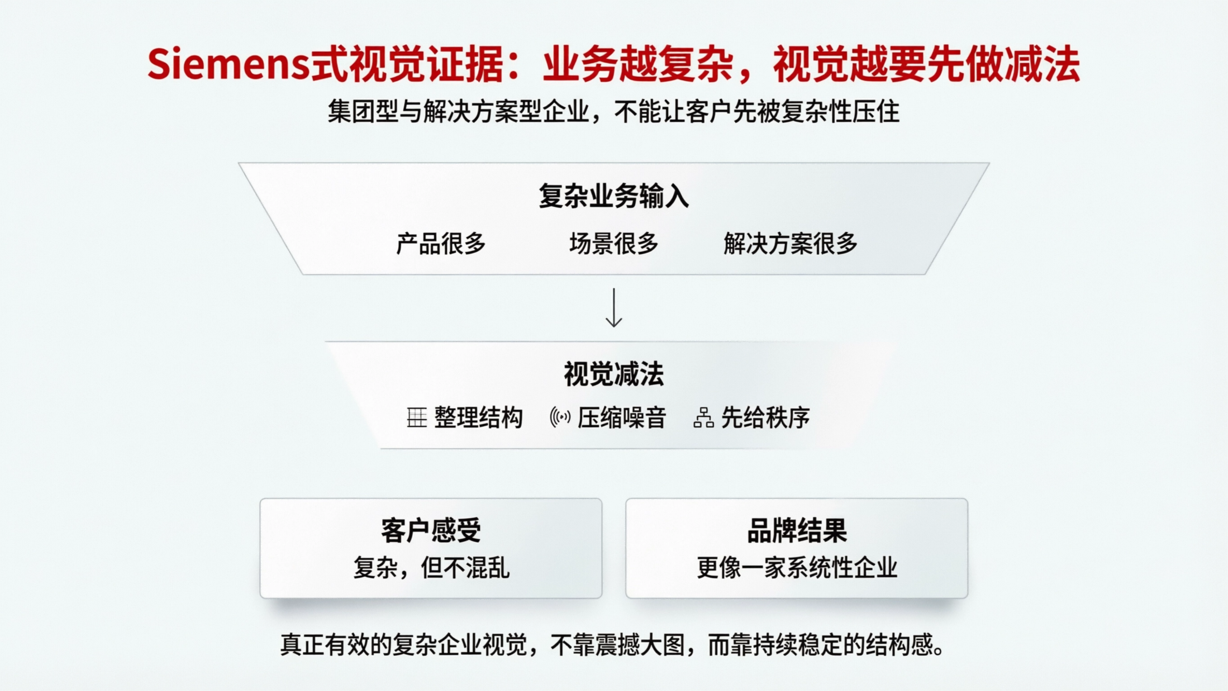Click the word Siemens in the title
[x=228, y=65]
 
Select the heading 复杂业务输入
[x=614, y=196]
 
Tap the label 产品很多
[x=441, y=243]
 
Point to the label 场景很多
[x=614, y=243]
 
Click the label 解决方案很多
[x=790, y=243]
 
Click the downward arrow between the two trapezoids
[x=614, y=308]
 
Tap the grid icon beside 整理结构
[x=416, y=418]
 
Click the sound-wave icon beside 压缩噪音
[x=560, y=418]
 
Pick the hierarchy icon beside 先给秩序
[x=703, y=418]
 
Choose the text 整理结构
[x=478, y=418]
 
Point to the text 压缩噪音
[x=621, y=418]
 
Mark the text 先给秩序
[x=765, y=418]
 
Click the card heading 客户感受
[x=430, y=530]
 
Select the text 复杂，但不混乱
[x=431, y=567]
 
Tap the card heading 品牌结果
[x=797, y=530]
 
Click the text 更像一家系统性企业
[x=797, y=567]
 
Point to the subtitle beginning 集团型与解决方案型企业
[x=614, y=112]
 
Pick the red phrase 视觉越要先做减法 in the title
[x=926, y=65]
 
